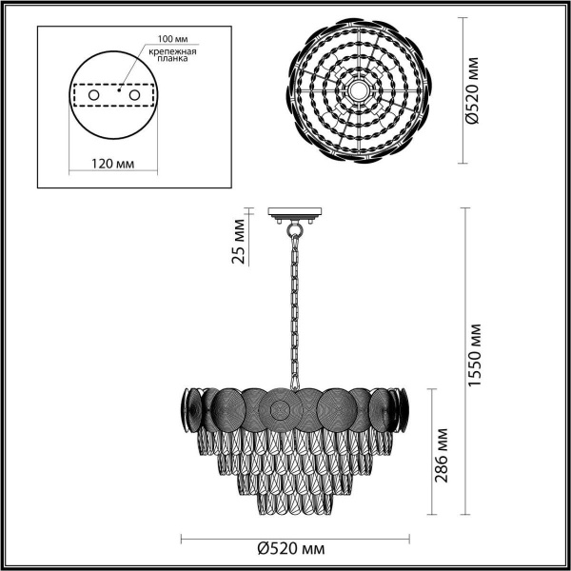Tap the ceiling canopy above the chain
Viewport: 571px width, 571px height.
click(x=296, y=215)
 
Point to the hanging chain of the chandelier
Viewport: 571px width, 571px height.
click(x=296, y=305)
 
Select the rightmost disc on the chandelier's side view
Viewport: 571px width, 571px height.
click(x=402, y=410)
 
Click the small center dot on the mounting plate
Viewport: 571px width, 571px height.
click(x=118, y=93)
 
